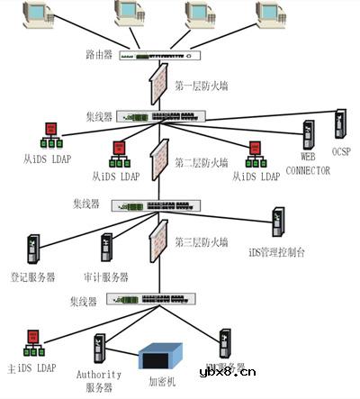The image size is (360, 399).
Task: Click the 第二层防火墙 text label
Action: click(x=201, y=164)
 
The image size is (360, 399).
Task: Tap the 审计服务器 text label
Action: click(x=106, y=277)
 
